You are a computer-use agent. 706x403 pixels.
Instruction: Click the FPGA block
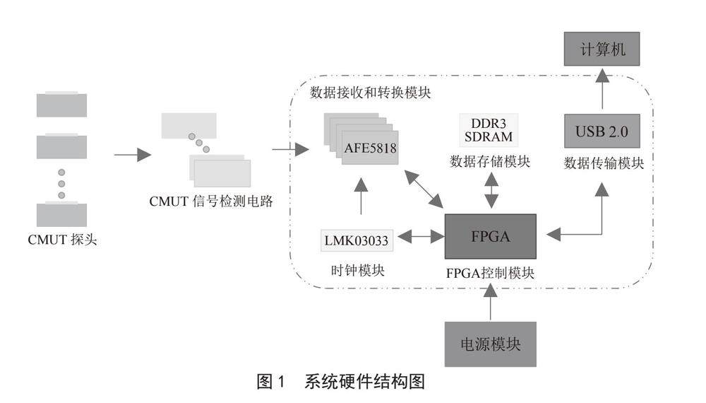(490, 236)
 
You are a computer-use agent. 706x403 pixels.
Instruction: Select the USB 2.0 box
(602, 132)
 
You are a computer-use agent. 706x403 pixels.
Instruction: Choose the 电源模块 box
(490, 344)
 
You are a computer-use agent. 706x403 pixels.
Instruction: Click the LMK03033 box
(357, 240)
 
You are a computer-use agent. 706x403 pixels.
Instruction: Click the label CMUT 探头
(62, 240)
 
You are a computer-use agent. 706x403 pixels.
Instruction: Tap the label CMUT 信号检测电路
(210, 201)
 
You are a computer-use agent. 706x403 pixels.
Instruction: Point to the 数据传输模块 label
(604, 163)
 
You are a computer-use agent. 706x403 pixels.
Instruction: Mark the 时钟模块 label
(358, 271)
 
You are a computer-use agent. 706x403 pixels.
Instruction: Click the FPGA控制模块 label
(491, 272)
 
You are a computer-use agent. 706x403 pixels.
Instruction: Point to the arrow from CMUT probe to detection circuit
(133, 154)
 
